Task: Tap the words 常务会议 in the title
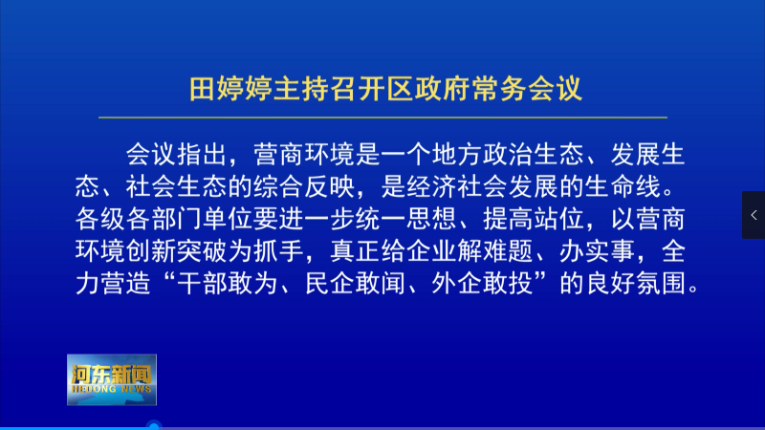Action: (x=527, y=89)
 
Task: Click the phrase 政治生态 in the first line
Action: (x=534, y=155)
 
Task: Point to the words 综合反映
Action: (x=303, y=186)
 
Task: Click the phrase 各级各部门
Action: (x=139, y=219)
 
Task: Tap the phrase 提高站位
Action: (x=534, y=219)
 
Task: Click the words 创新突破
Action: (x=177, y=251)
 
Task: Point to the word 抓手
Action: (x=278, y=251)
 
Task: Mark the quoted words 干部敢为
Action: (x=228, y=283)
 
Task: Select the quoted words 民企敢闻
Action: (x=355, y=283)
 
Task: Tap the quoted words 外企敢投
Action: (x=482, y=283)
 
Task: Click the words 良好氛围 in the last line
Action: (x=635, y=283)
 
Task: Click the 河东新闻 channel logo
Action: (x=112, y=379)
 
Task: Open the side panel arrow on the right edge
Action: (x=754, y=215)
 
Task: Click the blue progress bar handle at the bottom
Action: (x=154, y=426)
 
